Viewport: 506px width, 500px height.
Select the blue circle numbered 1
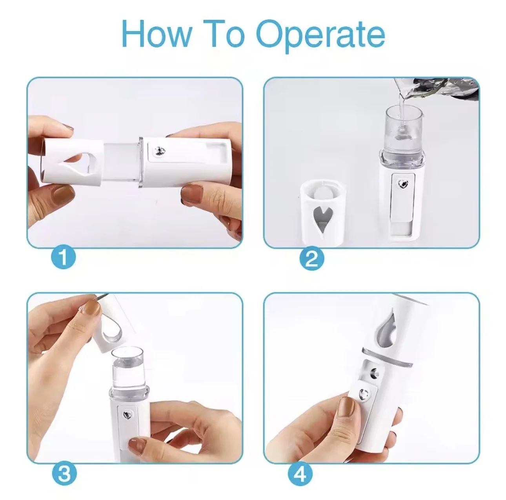[x=63, y=258]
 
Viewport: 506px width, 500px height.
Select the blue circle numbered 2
[x=311, y=259]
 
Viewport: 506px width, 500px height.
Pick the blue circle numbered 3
[x=64, y=474]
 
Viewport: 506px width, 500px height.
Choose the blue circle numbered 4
[x=300, y=474]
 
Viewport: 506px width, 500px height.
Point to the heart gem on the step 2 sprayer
[x=402, y=183]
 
